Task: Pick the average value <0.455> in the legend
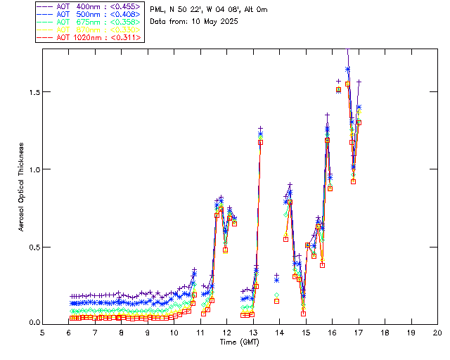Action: click(124, 6)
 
